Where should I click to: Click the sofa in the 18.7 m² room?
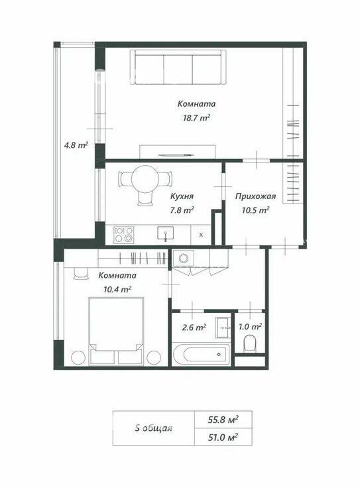pyautogui.click(x=178, y=67)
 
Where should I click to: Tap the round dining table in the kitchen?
pyautogui.click(x=145, y=179)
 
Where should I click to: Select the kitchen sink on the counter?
pyautogui.click(x=166, y=233)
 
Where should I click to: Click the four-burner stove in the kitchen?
pyautogui.click(x=124, y=235)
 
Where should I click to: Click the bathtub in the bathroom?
pyautogui.click(x=201, y=354)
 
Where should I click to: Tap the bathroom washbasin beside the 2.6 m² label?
pyautogui.click(x=223, y=328)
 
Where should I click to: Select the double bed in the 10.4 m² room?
pyautogui.click(x=116, y=331)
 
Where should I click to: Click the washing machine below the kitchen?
pyautogui.click(x=184, y=258)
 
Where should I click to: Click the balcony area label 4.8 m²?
pyautogui.click(x=76, y=145)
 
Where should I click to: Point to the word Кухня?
pyautogui.click(x=182, y=196)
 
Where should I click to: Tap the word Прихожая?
pyautogui.click(x=256, y=196)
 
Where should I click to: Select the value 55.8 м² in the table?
pyautogui.click(x=223, y=420)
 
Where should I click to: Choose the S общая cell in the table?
pyautogui.click(x=154, y=428)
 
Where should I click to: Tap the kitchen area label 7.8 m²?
pyautogui.click(x=182, y=210)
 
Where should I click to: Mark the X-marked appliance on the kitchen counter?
pyautogui.click(x=201, y=235)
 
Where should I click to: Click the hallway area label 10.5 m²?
pyautogui.click(x=255, y=210)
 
